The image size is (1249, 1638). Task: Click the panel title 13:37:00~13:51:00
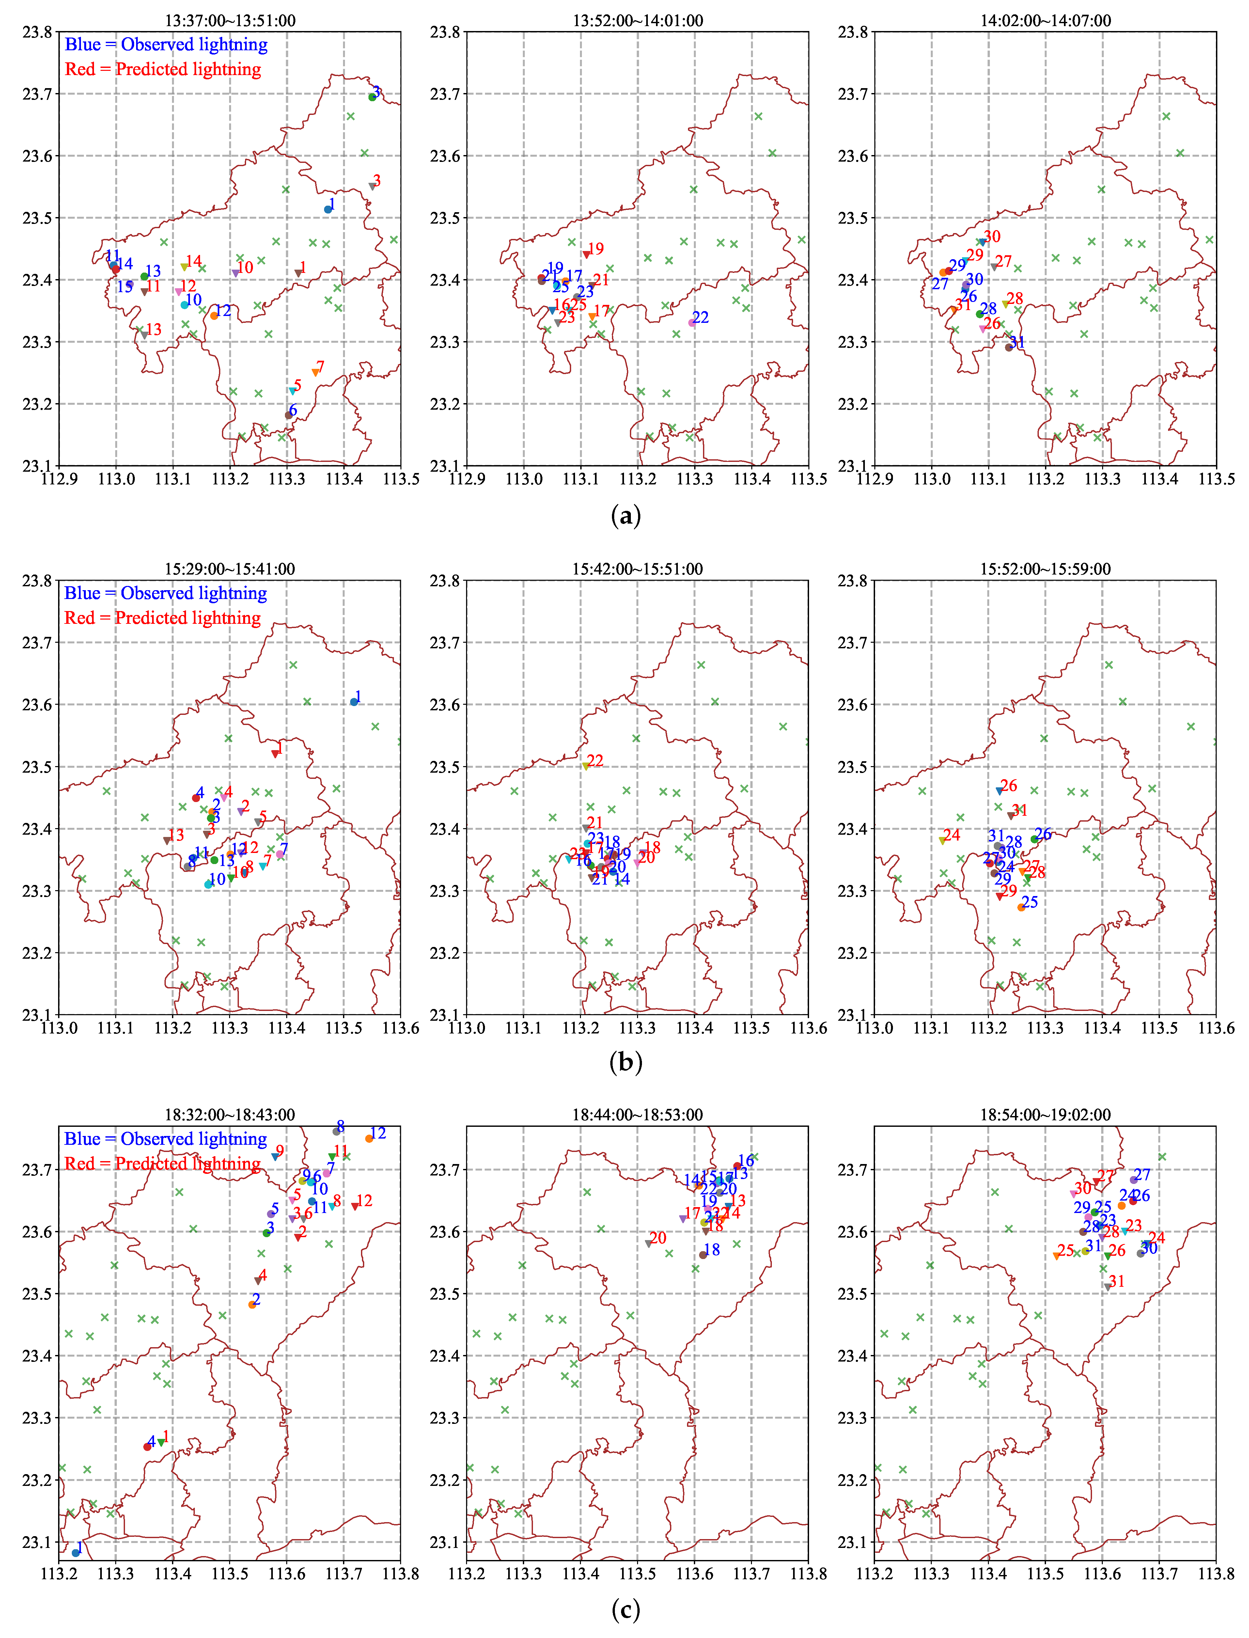point(230,20)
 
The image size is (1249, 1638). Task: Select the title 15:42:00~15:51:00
point(637,569)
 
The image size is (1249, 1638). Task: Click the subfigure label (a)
point(625,515)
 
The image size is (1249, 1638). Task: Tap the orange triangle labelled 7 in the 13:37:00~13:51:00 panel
point(315,372)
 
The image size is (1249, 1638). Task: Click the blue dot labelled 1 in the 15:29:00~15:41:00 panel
point(354,702)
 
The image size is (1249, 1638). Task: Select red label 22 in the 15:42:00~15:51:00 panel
point(595,761)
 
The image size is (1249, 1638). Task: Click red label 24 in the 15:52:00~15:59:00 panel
point(952,835)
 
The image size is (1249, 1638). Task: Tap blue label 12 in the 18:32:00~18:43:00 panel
point(378,1133)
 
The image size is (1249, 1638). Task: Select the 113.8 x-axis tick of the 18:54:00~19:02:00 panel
point(1215,1573)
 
